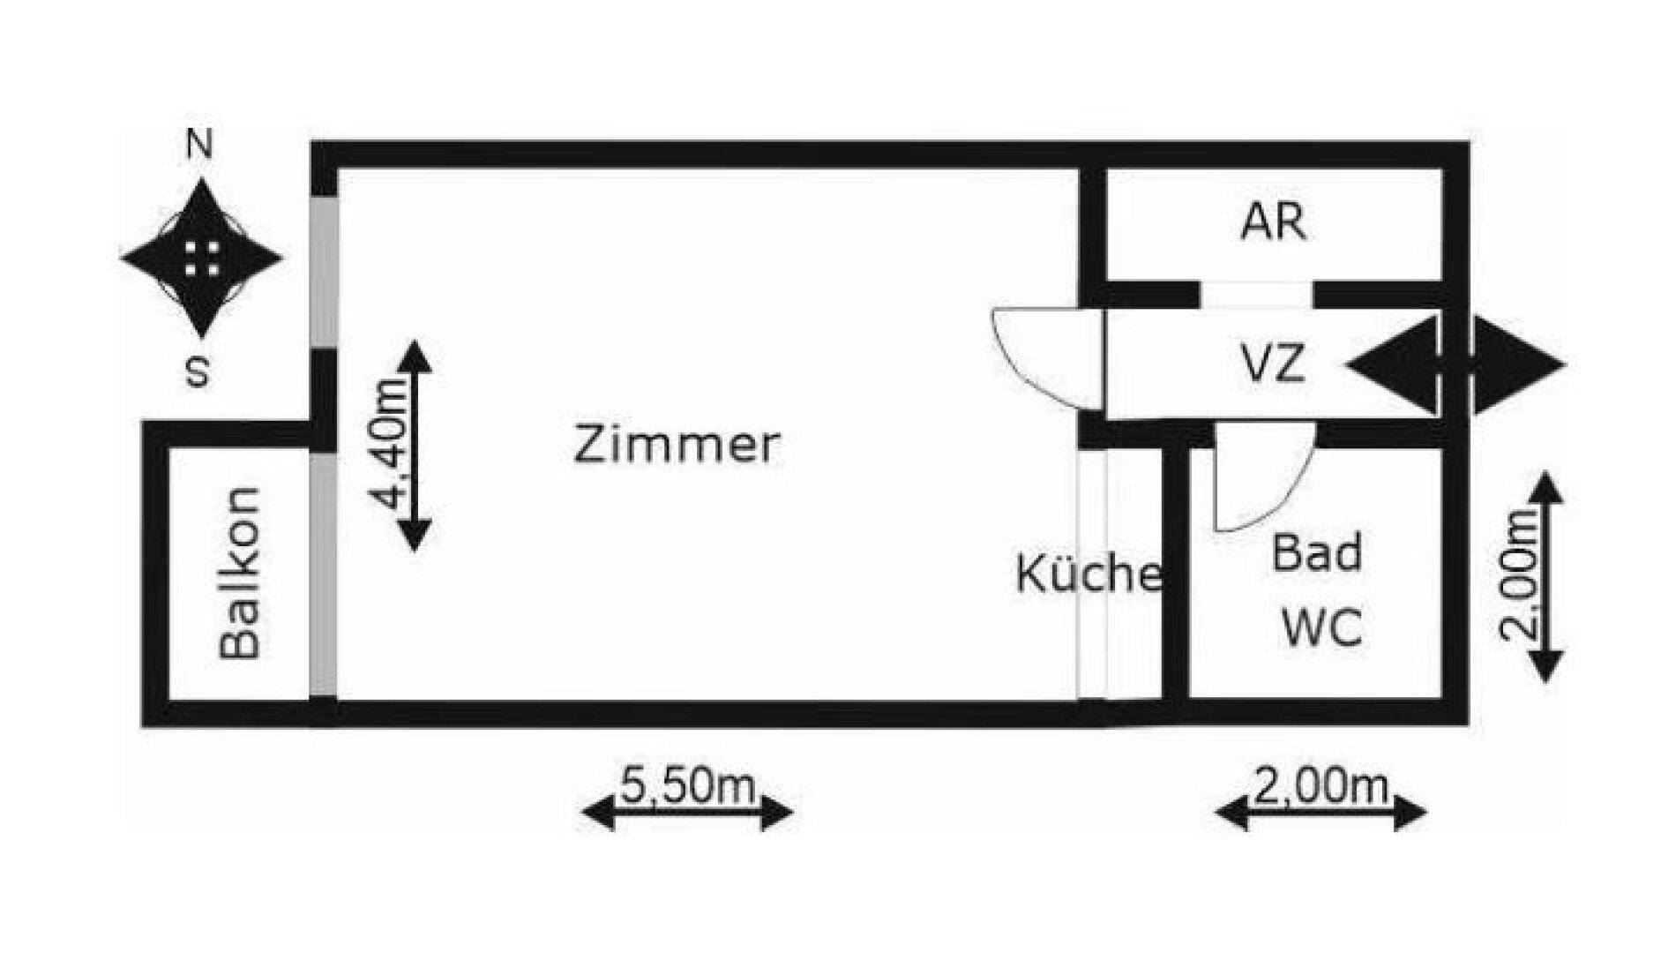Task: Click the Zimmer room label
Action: pyautogui.click(x=677, y=445)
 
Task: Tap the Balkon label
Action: pyautogui.click(x=240, y=573)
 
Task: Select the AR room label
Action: pyautogui.click(x=1273, y=221)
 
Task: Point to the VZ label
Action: pyautogui.click(x=1272, y=363)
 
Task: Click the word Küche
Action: pyautogui.click(x=1089, y=573)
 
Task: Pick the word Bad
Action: pyautogui.click(x=1317, y=553)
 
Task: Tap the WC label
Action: pyautogui.click(x=1321, y=628)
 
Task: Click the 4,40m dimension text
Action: pyautogui.click(x=390, y=446)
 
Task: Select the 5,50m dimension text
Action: pyautogui.click(x=687, y=785)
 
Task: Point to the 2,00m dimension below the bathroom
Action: pyautogui.click(x=1320, y=785)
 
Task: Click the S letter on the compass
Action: pyautogui.click(x=199, y=371)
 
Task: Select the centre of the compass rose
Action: pyautogui.click(x=202, y=259)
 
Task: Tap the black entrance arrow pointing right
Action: pyautogui.click(x=1518, y=364)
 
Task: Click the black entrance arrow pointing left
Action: pyautogui.click(x=1392, y=364)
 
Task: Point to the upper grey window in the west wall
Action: pyautogui.click(x=324, y=272)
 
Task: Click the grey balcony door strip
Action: pyautogui.click(x=323, y=574)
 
